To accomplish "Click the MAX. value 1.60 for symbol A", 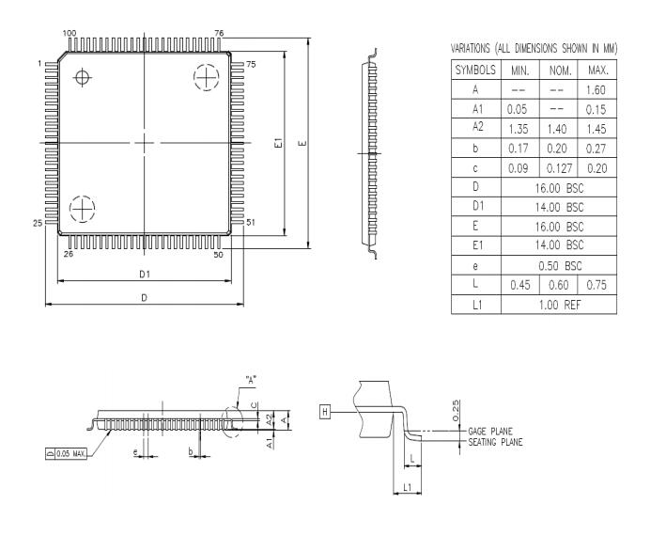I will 597,90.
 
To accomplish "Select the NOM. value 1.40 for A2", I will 557,129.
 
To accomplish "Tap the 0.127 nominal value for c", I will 557,168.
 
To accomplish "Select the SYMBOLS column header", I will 476,71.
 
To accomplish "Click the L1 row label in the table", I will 476,305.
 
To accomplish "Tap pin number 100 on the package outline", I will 69,34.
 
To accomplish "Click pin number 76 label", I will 219,34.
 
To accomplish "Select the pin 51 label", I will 250,223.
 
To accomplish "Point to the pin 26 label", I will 67,255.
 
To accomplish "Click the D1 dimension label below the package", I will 145,275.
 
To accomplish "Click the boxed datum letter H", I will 325,412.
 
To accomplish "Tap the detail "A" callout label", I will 251,381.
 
